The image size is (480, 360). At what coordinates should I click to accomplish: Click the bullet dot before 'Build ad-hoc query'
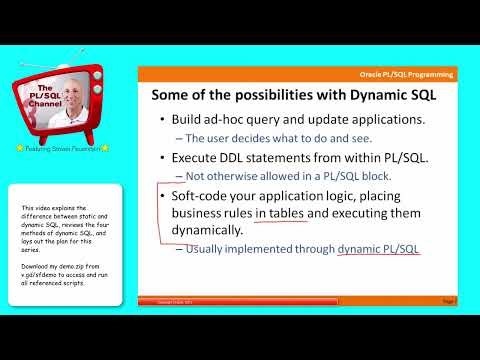[x=162, y=121]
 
